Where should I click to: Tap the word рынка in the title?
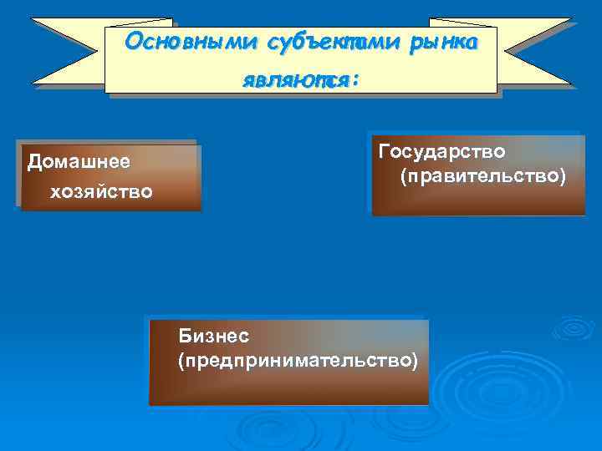(444, 43)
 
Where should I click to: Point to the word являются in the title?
(295, 81)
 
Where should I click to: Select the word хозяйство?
(101, 192)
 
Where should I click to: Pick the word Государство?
(441, 152)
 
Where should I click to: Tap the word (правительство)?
(482, 177)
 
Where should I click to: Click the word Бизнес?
(213, 335)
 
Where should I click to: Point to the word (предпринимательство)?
(297, 360)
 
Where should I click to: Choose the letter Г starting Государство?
(384, 152)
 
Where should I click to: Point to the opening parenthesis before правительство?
(403, 178)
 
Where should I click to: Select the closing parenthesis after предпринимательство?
(413, 360)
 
